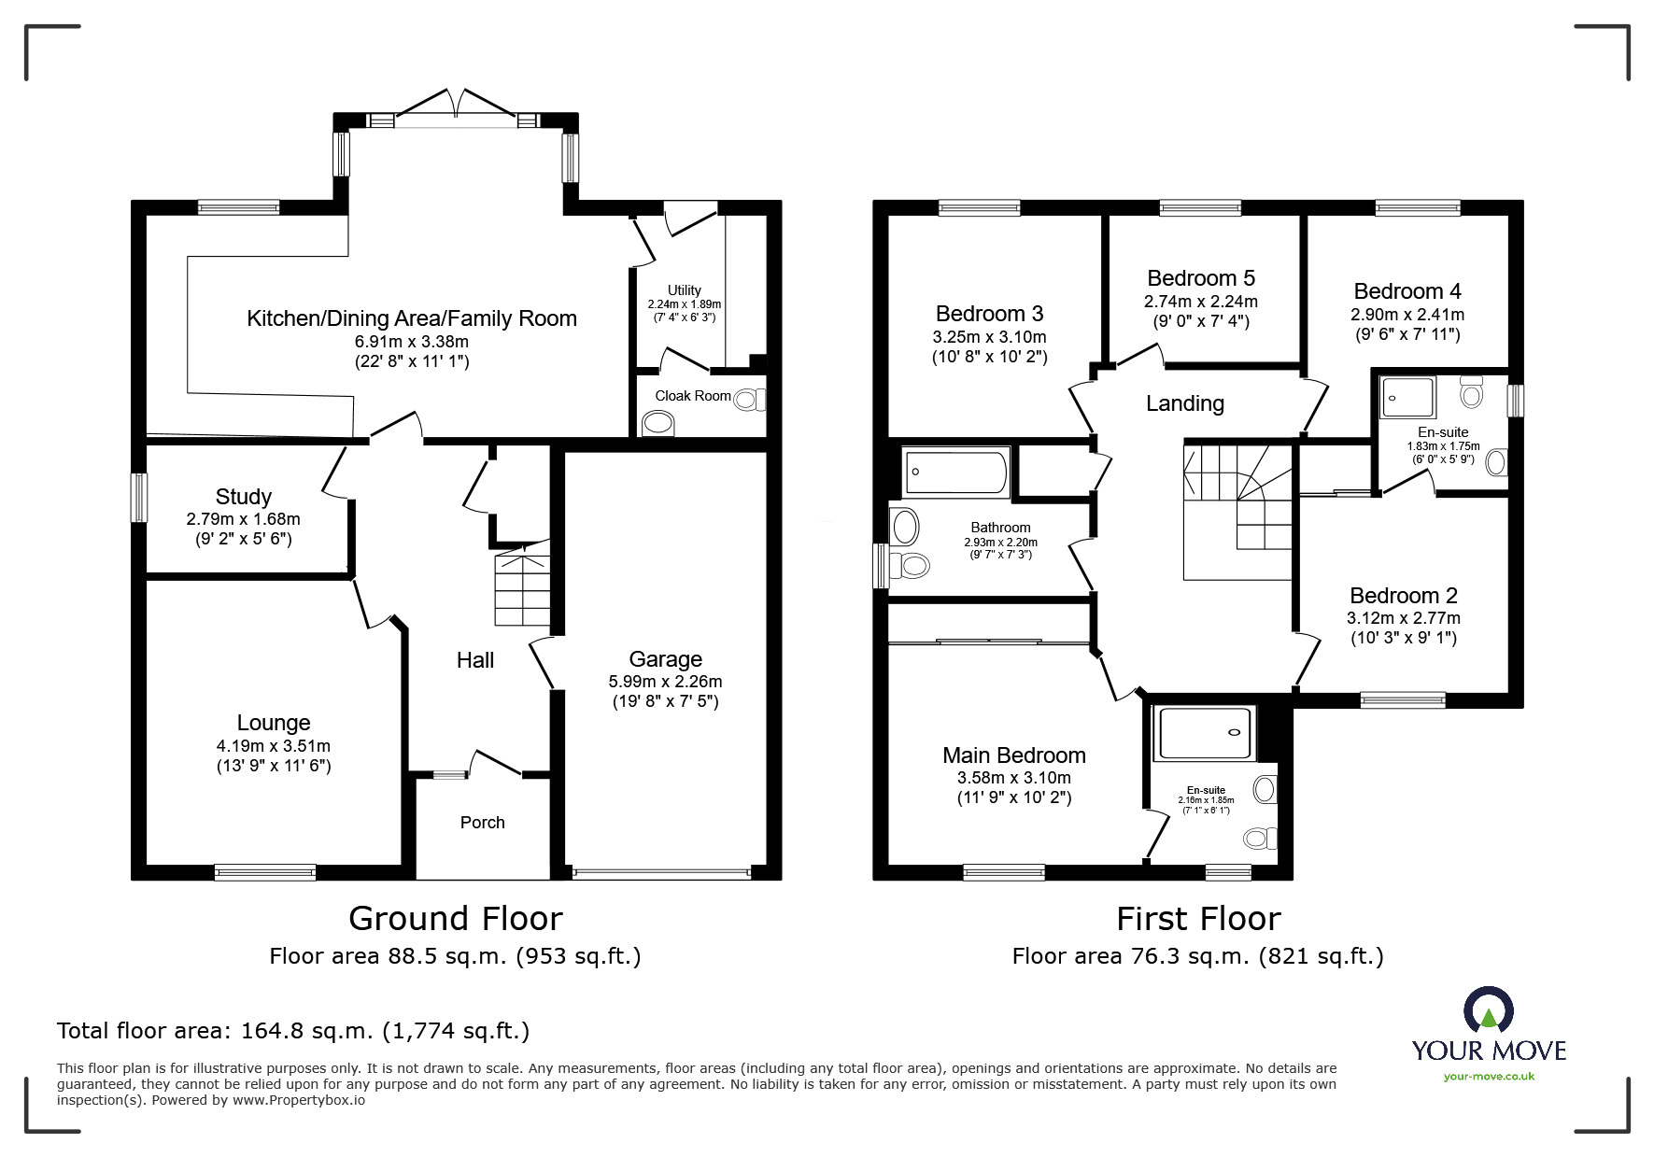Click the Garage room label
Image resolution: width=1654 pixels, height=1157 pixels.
665,659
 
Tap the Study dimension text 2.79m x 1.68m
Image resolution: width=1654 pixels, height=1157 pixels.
244,519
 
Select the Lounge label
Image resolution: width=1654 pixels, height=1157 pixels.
273,723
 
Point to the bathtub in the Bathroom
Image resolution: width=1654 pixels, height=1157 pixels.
956,473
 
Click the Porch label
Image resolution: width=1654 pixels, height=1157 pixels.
482,823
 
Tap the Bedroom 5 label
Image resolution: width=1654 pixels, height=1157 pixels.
1200,278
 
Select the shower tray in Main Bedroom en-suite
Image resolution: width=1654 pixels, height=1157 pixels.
1205,733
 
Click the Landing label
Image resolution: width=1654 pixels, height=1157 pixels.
1184,403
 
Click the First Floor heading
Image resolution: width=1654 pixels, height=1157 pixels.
1198,919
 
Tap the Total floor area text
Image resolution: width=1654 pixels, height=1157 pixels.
293,1031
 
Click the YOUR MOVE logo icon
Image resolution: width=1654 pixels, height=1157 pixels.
1488,1011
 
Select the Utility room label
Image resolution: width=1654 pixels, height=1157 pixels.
684,290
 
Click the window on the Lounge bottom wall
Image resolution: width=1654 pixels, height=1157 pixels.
265,872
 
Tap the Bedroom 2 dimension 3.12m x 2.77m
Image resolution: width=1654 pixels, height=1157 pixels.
1403,618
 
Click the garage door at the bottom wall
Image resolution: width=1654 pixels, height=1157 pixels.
662,873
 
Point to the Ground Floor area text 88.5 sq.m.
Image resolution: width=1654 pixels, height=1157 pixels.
455,956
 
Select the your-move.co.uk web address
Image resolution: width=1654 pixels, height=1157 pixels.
1489,1077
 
